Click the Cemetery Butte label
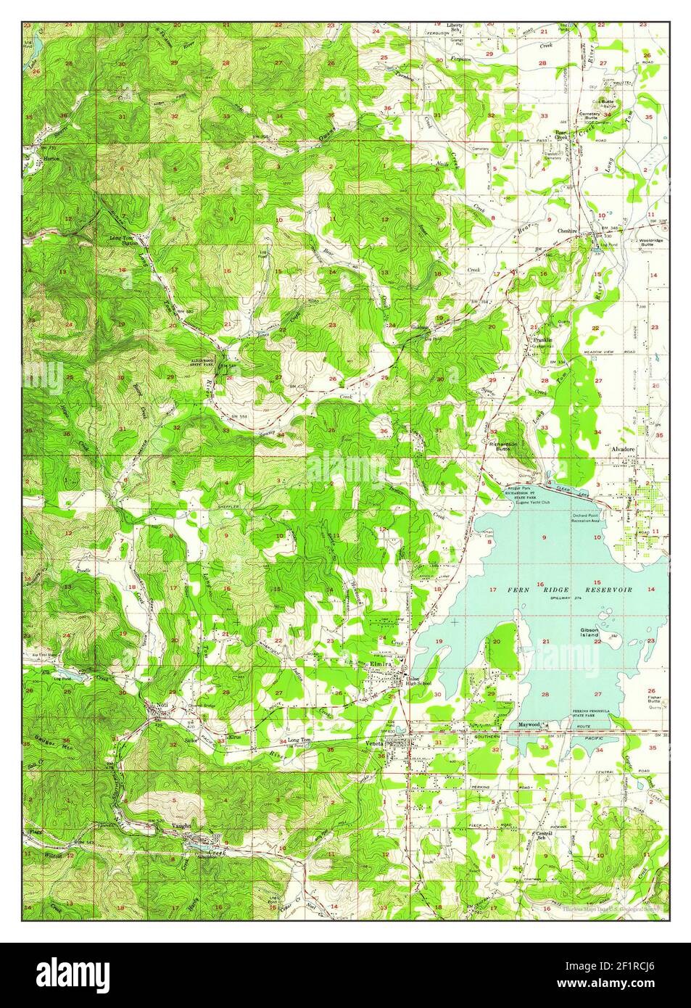click(589, 117)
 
